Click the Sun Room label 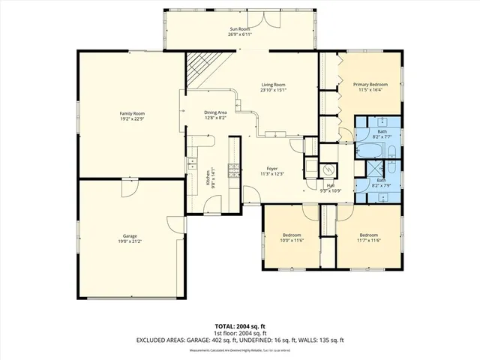[x=240, y=30]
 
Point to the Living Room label [x=273, y=85]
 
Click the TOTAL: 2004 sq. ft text [x=240, y=326]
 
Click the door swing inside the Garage [x=128, y=190]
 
